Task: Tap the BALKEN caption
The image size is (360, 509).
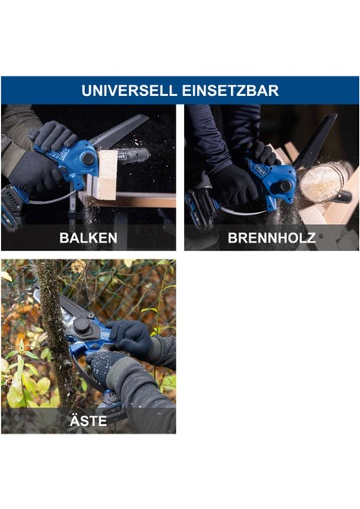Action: point(88,238)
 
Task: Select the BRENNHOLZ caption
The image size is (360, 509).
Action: point(271,238)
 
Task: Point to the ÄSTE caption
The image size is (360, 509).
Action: point(88,418)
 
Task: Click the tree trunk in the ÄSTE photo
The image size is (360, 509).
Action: point(51,339)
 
